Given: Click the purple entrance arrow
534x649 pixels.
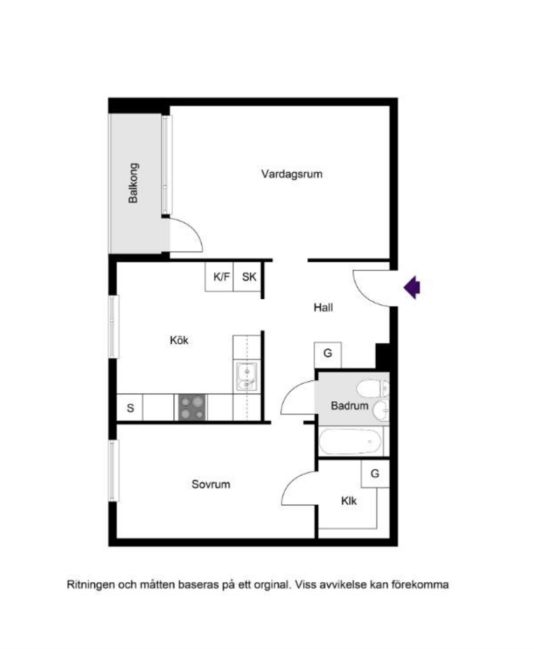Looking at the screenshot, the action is click(x=412, y=287).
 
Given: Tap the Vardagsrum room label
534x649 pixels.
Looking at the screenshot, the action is click(x=292, y=174).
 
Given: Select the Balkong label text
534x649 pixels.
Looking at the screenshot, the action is click(x=133, y=183).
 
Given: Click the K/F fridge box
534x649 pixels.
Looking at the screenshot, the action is click(x=219, y=277).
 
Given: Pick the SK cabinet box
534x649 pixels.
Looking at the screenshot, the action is click(x=247, y=277).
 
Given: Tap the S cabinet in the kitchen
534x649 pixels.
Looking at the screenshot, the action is click(x=130, y=407).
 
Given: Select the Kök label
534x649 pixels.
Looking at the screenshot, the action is click(x=179, y=340).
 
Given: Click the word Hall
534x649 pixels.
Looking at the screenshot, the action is click(x=323, y=307).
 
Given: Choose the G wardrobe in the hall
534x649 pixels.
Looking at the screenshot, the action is click(x=328, y=355).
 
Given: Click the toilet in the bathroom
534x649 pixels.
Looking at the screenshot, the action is click(x=373, y=389).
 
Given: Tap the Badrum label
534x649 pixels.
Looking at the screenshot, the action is click(x=350, y=406).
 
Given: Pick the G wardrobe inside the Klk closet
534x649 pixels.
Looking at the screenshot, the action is click(x=375, y=474).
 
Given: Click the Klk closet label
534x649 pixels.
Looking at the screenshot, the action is click(x=349, y=501).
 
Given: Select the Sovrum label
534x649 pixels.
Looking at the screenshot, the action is click(x=211, y=484).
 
